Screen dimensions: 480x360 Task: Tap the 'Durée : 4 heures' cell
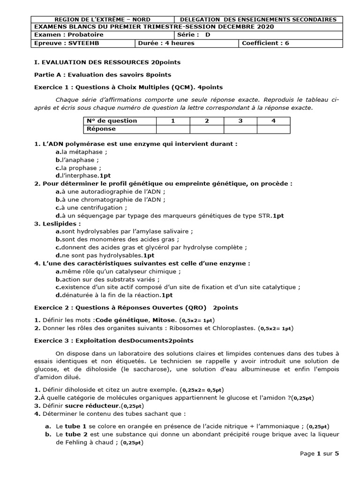click(187, 43)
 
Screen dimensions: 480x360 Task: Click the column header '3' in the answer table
click(240, 121)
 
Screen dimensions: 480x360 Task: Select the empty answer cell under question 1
click(172, 129)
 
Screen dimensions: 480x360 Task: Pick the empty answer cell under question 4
click(273, 129)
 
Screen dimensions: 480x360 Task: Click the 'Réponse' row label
click(120, 129)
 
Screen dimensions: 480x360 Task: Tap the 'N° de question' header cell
click(120, 121)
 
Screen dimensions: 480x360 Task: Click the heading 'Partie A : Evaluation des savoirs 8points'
click(103, 75)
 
